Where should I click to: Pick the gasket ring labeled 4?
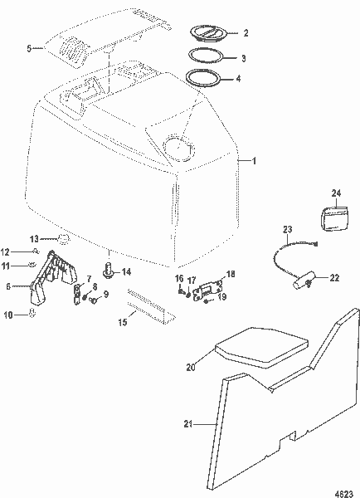(x=202, y=80)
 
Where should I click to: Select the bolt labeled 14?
(x=109, y=271)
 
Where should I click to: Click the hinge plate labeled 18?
(x=208, y=291)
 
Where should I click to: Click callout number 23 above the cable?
(x=288, y=229)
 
